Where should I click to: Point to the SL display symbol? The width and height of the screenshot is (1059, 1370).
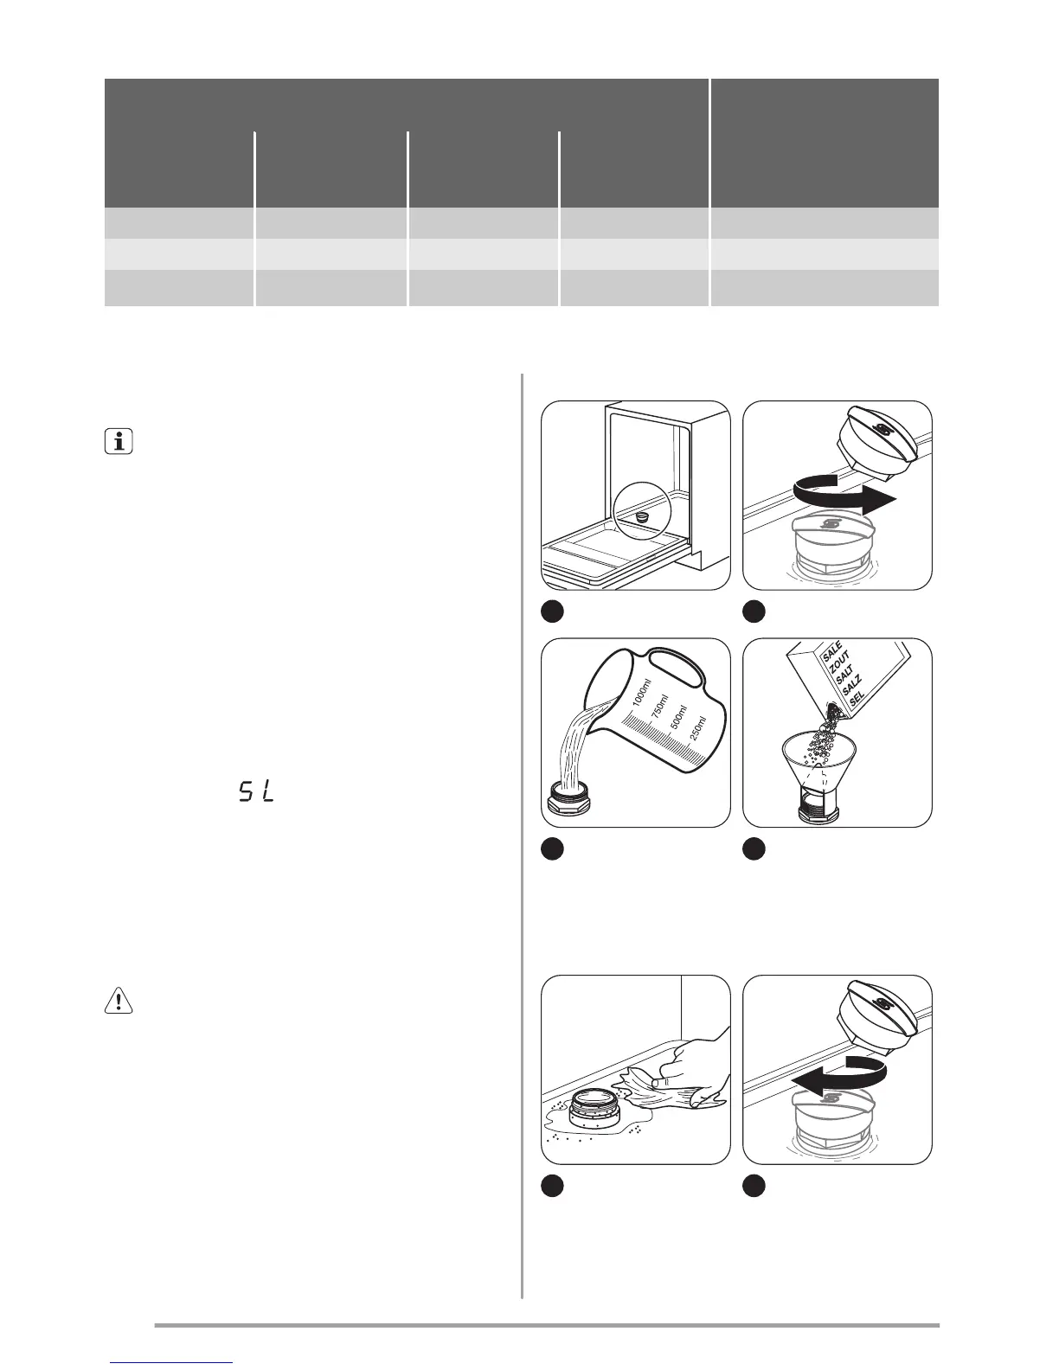click(x=255, y=791)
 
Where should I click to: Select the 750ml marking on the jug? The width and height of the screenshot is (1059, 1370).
click(x=659, y=710)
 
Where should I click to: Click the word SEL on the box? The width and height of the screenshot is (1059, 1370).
click(x=857, y=701)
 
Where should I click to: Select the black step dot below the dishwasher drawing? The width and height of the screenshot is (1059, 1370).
click(x=551, y=611)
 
